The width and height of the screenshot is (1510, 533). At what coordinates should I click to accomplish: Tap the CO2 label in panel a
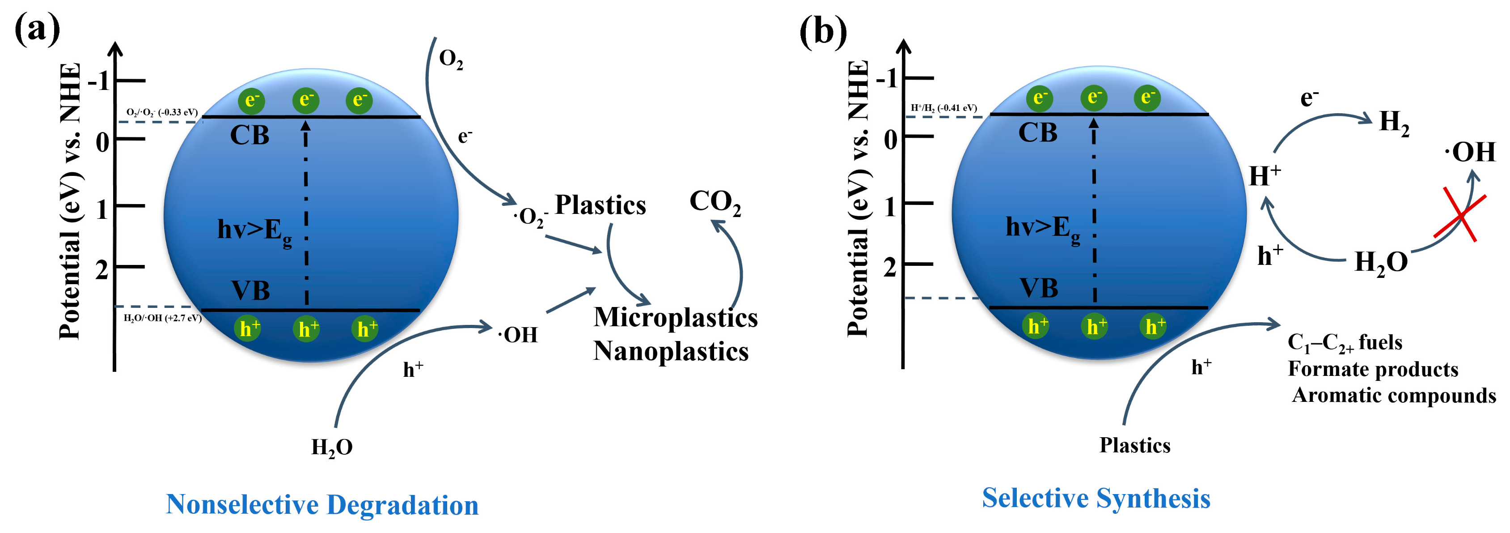tap(715, 203)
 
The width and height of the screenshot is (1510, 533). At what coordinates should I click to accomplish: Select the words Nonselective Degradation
tap(322, 505)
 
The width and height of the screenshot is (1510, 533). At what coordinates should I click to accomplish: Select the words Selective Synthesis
tap(1095, 499)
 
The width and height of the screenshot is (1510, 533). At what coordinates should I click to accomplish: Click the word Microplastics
tap(675, 318)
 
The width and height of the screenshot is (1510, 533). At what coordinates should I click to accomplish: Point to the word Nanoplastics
tap(671, 351)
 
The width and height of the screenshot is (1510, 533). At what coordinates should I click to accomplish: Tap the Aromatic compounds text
tap(1393, 395)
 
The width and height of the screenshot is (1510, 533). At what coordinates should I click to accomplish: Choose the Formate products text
tap(1372, 369)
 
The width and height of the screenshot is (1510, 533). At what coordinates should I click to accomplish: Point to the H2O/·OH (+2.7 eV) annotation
tap(162, 318)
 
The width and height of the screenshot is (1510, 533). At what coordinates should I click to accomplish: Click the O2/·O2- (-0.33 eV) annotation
tap(162, 112)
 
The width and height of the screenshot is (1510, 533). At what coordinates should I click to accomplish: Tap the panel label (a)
tap(37, 30)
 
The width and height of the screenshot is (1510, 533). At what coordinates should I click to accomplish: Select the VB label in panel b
tap(1039, 288)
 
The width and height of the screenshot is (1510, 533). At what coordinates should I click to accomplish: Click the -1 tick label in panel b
tap(887, 78)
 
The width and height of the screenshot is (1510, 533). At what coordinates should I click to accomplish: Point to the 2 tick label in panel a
tap(102, 270)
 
